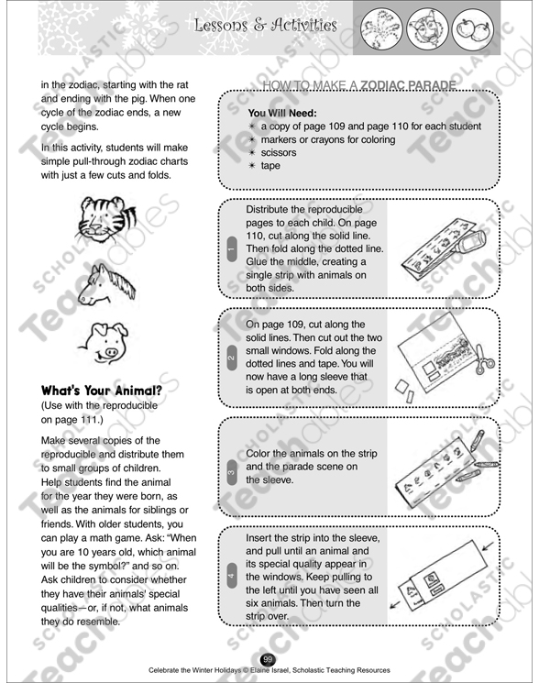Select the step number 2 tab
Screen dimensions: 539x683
click(230, 357)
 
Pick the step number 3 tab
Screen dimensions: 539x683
click(230, 472)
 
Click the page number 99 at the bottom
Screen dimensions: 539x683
click(268, 658)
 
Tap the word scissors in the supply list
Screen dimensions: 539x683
click(278, 153)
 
